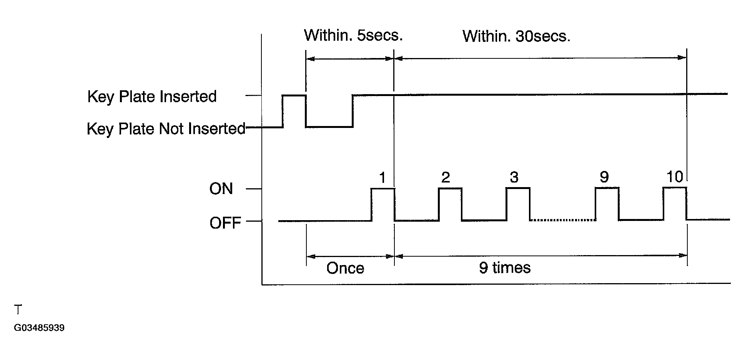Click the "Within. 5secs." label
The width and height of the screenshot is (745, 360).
(x=353, y=35)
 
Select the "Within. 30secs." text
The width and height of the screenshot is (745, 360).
(x=516, y=36)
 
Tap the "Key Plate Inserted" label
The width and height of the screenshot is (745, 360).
(x=152, y=96)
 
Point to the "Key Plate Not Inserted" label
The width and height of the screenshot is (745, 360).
(x=166, y=129)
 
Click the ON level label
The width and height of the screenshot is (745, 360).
(x=221, y=189)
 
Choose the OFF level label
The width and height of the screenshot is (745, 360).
(x=225, y=223)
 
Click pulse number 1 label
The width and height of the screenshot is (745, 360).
(x=382, y=178)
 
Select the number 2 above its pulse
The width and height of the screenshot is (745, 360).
(x=445, y=178)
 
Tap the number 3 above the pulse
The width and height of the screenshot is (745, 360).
(x=514, y=178)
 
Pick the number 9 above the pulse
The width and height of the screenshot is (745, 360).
(x=604, y=178)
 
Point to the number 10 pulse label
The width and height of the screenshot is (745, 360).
(x=674, y=177)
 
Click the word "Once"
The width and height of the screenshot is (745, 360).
(x=345, y=268)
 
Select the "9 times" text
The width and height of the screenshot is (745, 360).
(x=504, y=267)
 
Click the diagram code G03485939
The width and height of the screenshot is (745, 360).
(x=39, y=328)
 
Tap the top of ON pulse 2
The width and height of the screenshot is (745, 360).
(x=450, y=188)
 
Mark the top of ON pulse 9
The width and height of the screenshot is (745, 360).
(x=607, y=188)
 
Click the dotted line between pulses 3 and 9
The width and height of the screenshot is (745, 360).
(x=562, y=220)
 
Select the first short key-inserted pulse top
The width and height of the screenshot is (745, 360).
(x=294, y=95)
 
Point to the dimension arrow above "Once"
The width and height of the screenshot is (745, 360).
(x=350, y=256)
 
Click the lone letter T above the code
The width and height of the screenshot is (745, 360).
(x=18, y=310)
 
